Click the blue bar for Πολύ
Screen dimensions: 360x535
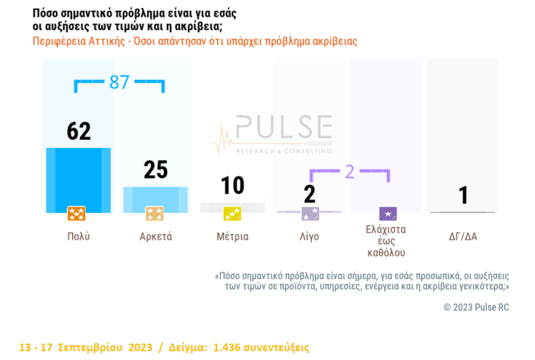[78, 179]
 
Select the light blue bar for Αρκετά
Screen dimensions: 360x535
[155, 198]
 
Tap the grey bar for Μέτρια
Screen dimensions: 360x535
[233, 207]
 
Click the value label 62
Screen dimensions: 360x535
[78, 130]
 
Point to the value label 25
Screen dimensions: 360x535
[155, 169]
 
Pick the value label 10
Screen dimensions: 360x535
[233, 185]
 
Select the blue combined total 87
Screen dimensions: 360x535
[119, 82]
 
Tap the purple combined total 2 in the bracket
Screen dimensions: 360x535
[349, 171]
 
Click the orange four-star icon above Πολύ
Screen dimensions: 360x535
[77, 214]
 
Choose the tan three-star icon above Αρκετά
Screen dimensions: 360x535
[155, 214]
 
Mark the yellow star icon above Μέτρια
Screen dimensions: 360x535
[232, 214]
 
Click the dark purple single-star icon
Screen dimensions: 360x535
[387, 214]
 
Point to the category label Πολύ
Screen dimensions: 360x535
[78, 237]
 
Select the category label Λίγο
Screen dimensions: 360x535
[309, 237]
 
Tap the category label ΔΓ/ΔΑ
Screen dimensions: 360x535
[463, 237]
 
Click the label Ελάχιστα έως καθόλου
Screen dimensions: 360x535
[386, 241]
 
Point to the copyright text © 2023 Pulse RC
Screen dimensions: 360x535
[475, 308]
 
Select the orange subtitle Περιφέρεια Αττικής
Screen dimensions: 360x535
[195, 41]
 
